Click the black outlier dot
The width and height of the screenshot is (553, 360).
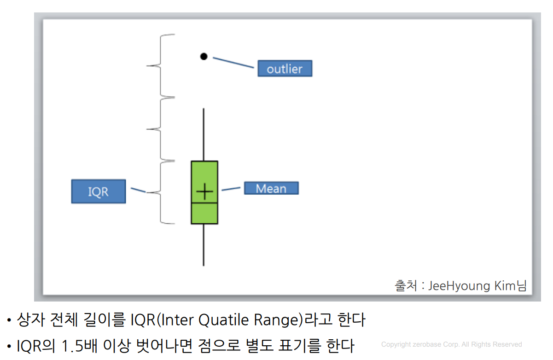click(x=204, y=57)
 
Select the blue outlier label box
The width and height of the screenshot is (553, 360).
click(x=285, y=68)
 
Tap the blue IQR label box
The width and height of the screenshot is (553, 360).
click(x=99, y=192)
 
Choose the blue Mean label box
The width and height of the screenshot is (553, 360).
click(x=271, y=188)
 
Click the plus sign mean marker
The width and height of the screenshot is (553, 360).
click(x=204, y=192)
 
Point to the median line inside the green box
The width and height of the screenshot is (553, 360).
click(x=204, y=203)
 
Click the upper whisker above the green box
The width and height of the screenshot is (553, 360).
click(x=204, y=134)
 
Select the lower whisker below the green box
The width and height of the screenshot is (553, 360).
click(x=204, y=245)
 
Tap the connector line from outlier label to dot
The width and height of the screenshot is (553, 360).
click(x=233, y=63)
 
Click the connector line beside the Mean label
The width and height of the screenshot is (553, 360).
click(x=231, y=189)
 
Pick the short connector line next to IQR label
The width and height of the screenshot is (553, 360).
click(x=138, y=190)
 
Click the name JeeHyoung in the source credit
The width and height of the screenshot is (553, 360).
click(x=459, y=286)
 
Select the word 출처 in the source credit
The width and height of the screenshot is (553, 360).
click(x=406, y=286)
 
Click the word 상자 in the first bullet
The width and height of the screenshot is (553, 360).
click(x=31, y=319)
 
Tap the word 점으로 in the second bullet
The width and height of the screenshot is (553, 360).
click(x=219, y=346)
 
